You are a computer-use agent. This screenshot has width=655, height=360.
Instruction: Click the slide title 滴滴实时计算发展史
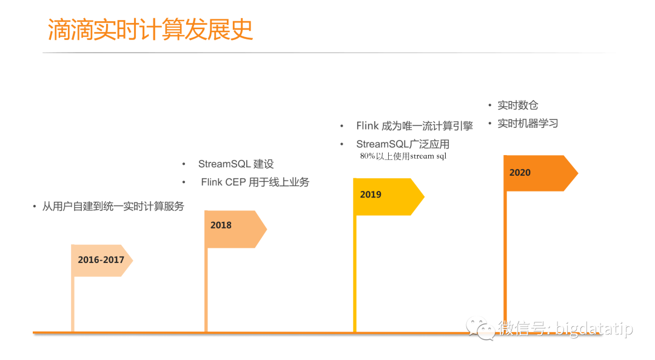point(150,30)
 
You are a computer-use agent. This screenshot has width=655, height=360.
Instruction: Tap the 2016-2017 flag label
point(101,260)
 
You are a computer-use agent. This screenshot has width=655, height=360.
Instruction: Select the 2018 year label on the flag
point(221,225)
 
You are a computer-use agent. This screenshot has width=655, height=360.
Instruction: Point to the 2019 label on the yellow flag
point(371,195)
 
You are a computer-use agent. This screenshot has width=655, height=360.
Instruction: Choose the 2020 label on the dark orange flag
point(520,173)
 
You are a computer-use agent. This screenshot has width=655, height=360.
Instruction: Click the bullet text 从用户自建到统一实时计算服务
point(113,207)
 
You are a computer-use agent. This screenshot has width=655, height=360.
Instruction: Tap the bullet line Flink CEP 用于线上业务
point(255,182)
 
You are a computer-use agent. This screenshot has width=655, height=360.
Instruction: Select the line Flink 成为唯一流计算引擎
point(414,126)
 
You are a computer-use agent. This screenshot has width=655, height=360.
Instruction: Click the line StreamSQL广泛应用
point(403,144)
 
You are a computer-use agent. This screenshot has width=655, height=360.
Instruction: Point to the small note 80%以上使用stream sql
point(403,156)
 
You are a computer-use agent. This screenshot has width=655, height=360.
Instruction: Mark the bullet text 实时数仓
point(518,105)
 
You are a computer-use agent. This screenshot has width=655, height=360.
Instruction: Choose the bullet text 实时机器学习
point(528,124)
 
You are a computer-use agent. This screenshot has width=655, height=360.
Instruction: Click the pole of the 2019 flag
point(355,273)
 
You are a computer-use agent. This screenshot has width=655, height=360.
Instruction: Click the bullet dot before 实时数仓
point(491,105)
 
